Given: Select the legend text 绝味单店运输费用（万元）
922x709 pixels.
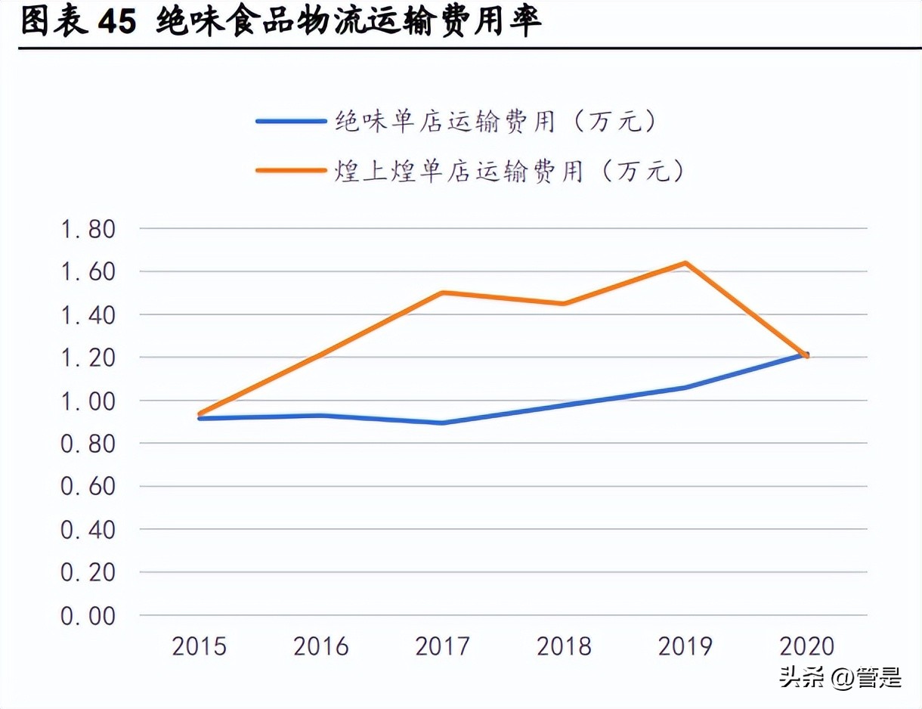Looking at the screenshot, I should point(495,122).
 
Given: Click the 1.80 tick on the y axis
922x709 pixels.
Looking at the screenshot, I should point(88,229).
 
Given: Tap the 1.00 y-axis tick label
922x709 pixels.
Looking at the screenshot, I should point(88,401).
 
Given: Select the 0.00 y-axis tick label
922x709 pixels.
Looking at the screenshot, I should point(88,616).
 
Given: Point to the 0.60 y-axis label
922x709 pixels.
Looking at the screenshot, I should point(88,487).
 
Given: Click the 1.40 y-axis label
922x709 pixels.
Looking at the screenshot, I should point(88,314).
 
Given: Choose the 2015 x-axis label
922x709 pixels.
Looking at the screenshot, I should point(200,647).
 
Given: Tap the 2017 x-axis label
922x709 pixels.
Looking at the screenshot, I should point(442,647).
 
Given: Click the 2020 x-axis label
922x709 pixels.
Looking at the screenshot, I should point(806,647).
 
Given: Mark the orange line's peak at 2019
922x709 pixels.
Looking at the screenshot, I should point(685,263).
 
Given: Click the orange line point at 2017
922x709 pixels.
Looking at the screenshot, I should point(443,293).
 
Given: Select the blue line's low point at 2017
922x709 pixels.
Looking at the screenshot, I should point(443,423).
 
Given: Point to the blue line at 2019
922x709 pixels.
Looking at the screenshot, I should point(685,387).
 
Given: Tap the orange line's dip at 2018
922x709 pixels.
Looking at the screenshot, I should point(564,303).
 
